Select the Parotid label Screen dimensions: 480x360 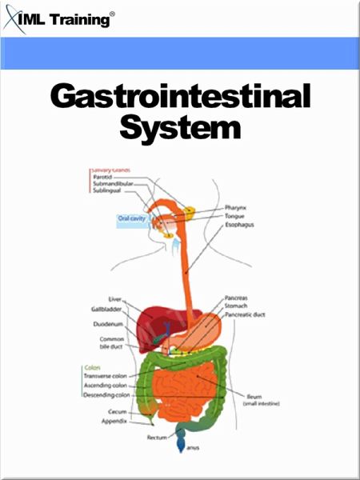point(104,177)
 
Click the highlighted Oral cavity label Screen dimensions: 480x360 point(131,218)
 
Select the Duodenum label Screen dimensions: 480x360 point(107,324)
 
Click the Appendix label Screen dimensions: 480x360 point(114,419)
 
